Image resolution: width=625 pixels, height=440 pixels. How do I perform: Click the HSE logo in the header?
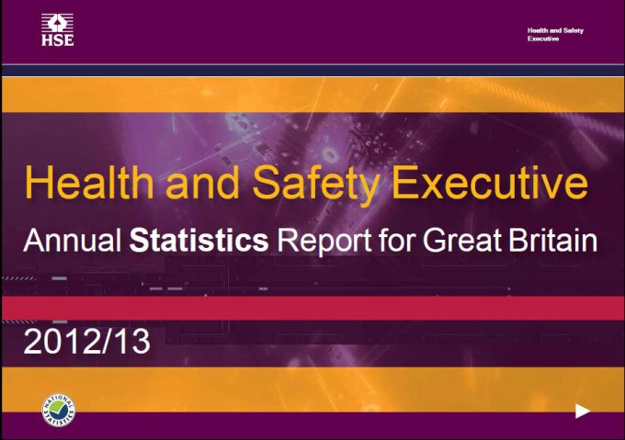[x=57, y=30]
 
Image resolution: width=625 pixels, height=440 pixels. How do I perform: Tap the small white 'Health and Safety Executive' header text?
[x=555, y=34]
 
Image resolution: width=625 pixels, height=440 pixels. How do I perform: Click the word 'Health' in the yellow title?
[x=89, y=183]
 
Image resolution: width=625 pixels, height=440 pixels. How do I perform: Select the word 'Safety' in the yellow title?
[x=316, y=186]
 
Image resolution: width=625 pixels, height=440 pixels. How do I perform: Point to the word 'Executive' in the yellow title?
[x=490, y=183]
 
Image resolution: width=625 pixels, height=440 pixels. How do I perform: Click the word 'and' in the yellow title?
[x=202, y=183]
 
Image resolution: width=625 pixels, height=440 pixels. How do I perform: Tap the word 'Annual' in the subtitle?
[x=72, y=240]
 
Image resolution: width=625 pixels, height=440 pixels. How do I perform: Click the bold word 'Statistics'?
[x=199, y=240]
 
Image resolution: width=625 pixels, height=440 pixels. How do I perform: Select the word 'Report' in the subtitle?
[x=324, y=243]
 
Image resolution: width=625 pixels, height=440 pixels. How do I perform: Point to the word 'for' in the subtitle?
[x=397, y=240]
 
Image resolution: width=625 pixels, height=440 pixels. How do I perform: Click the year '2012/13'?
[x=87, y=341]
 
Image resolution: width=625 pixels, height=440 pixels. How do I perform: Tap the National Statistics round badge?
[x=58, y=410]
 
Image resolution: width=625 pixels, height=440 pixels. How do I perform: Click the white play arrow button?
[x=583, y=411]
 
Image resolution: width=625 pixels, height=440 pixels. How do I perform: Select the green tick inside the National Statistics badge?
[x=59, y=409]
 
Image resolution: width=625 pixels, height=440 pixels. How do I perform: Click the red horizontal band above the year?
[x=312, y=308]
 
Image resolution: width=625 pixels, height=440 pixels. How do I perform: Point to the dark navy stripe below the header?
[x=312, y=70]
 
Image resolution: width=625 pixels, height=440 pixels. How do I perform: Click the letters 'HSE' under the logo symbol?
[x=57, y=40]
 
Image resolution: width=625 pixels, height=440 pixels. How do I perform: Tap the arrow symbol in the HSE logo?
[x=57, y=24]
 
